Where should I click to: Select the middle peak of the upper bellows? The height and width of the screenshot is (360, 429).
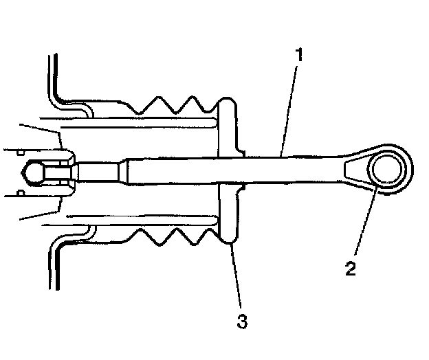[x=175, y=95]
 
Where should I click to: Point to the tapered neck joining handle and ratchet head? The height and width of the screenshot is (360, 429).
[x=347, y=168]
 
